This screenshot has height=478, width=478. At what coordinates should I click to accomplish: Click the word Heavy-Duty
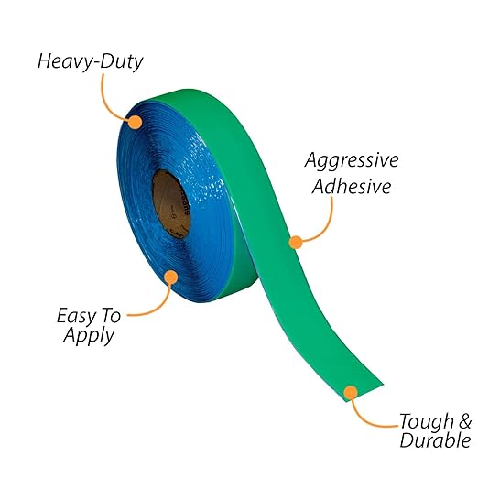[x=91, y=62]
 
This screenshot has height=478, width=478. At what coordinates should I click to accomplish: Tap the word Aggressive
[x=352, y=161]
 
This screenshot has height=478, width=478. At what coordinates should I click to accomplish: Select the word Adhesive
[x=352, y=186]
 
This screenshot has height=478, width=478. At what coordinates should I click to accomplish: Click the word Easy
[x=77, y=317]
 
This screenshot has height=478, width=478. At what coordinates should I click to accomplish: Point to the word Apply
[x=89, y=336]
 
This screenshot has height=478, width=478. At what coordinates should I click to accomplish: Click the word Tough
[x=427, y=421]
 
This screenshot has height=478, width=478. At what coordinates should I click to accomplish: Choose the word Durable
[x=435, y=440]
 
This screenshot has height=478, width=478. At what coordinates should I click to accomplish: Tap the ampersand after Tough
[x=465, y=421]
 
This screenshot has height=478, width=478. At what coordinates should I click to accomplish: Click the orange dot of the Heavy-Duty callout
[x=135, y=122]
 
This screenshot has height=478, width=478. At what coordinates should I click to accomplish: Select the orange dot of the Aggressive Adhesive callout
[x=296, y=243]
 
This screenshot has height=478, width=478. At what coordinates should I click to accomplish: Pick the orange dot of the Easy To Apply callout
[x=171, y=277]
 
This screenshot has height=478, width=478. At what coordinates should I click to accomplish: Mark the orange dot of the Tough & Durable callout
[x=351, y=393]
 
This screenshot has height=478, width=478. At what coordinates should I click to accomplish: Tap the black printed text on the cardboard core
[x=187, y=202]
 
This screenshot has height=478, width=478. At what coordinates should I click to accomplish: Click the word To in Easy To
[x=111, y=316]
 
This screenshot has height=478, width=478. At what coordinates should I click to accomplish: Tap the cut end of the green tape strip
[x=364, y=393]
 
